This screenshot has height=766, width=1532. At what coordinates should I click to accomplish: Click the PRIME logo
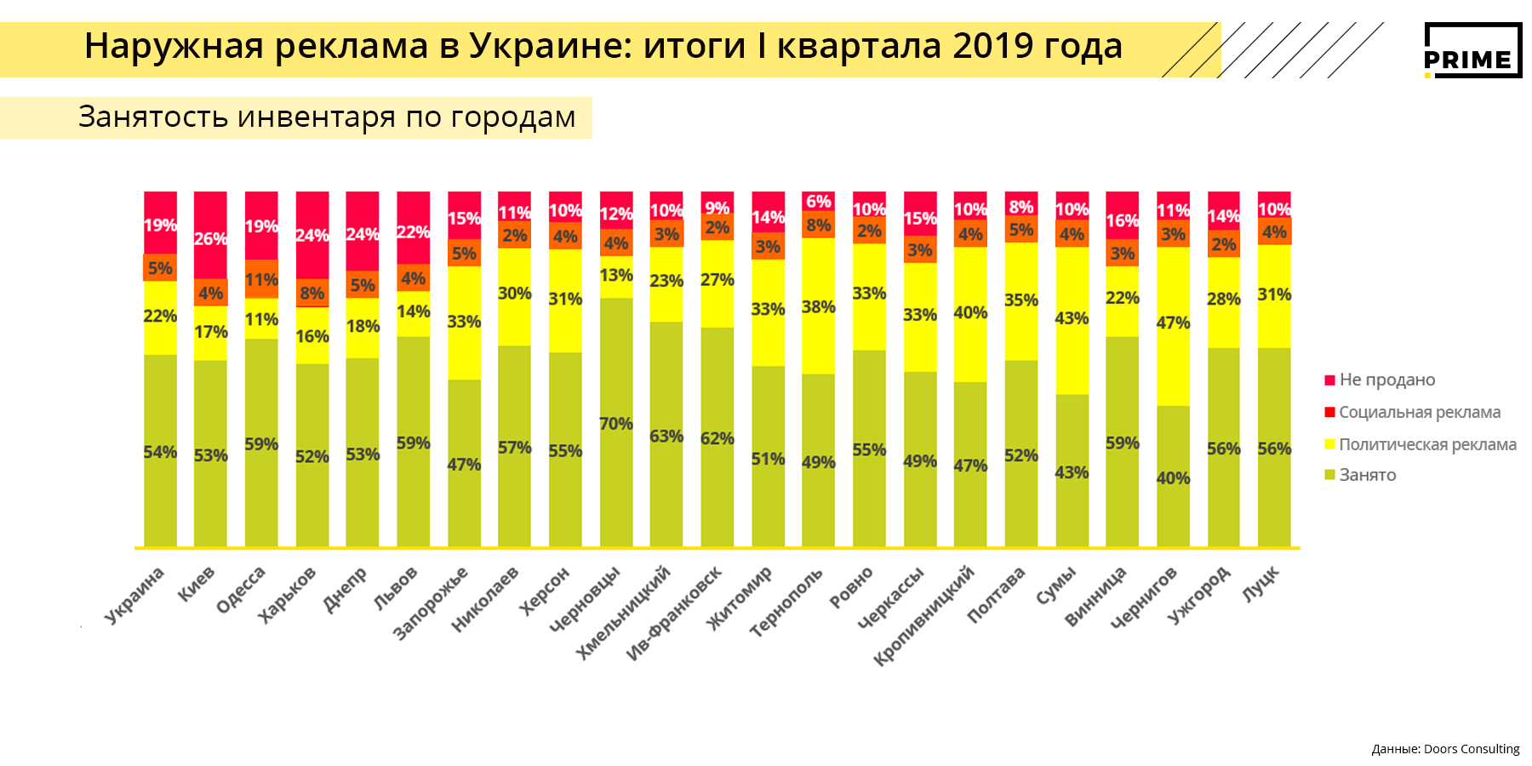[1472, 50]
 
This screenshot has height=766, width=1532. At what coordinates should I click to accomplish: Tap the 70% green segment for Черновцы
[616, 422]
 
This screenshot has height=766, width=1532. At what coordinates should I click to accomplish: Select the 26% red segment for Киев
[210, 235]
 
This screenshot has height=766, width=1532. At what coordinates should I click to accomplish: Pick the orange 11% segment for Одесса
[261, 279]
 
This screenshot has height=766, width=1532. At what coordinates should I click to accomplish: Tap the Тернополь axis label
[787, 602]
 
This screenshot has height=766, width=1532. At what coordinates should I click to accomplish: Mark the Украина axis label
[134, 595]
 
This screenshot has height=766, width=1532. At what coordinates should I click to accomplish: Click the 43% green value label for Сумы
[1072, 472]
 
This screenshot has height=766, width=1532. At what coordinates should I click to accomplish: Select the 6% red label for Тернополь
[818, 202]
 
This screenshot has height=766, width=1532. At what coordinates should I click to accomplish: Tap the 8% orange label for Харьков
[312, 294]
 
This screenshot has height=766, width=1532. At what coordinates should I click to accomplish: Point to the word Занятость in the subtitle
[152, 117]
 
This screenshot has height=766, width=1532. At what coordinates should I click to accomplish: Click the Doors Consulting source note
[1445, 749]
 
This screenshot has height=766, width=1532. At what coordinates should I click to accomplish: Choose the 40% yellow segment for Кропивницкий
[970, 313]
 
